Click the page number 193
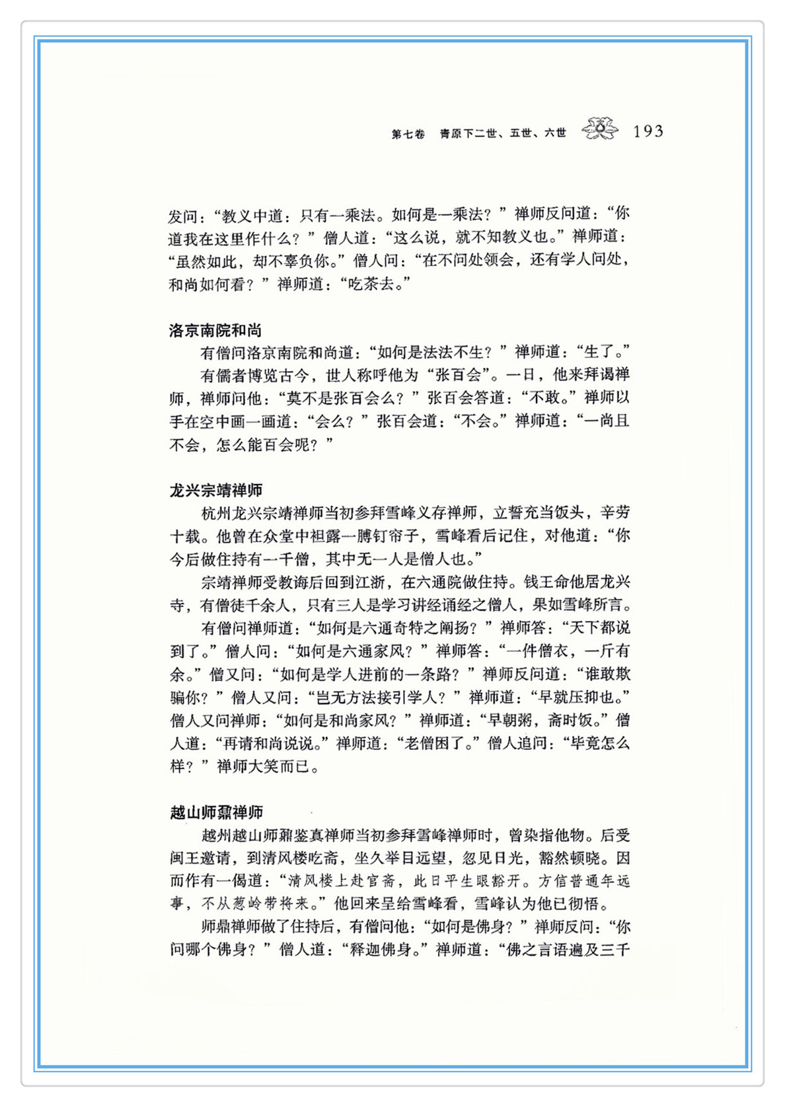click(x=648, y=132)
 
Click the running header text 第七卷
click(x=408, y=134)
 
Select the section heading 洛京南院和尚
click(x=215, y=330)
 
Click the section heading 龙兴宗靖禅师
click(x=216, y=490)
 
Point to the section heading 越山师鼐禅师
click(x=216, y=812)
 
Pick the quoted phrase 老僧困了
click(x=435, y=743)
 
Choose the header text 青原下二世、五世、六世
click(x=503, y=134)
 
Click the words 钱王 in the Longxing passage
click(x=539, y=582)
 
